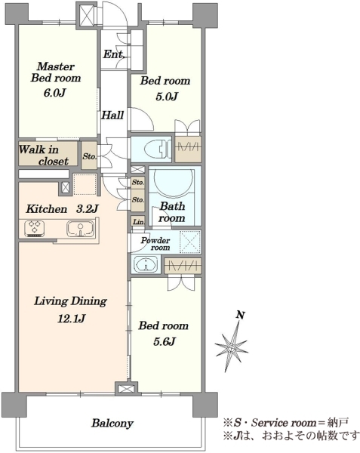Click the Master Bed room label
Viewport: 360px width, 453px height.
pyautogui.click(x=56, y=72)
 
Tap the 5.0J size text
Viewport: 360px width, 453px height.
pyautogui.click(x=166, y=96)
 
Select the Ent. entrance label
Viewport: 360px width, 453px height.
pyautogui.click(x=114, y=54)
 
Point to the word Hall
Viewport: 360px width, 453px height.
pyautogui.click(x=112, y=116)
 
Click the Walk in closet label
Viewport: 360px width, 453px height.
pyautogui.click(x=44, y=155)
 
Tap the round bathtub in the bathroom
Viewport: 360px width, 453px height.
pyautogui.click(x=174, y=179)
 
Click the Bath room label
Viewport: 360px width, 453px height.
pyautogui.click(x=172, y=211)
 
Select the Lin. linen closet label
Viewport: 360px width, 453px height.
pyautogui.click(x=139, y=222)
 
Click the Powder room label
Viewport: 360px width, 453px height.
pyautogui.click(x=156, y=244)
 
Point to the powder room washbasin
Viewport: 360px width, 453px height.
pyautogui.click(x=146, y=263)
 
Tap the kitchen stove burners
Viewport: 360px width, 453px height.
pyautogui.click(x=35, y=229)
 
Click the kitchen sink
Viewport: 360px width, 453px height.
pyautogui.click(x=81, y=229)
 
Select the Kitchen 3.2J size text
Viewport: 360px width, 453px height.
pyautogui.click(x=62, y=208)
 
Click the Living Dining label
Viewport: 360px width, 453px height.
pyautogui.click(x=71, y=301)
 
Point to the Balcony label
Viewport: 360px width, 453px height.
pyautogui.click(x=112, y=424)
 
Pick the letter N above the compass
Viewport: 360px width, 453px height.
pyautogui.click(x=240, y=315)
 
